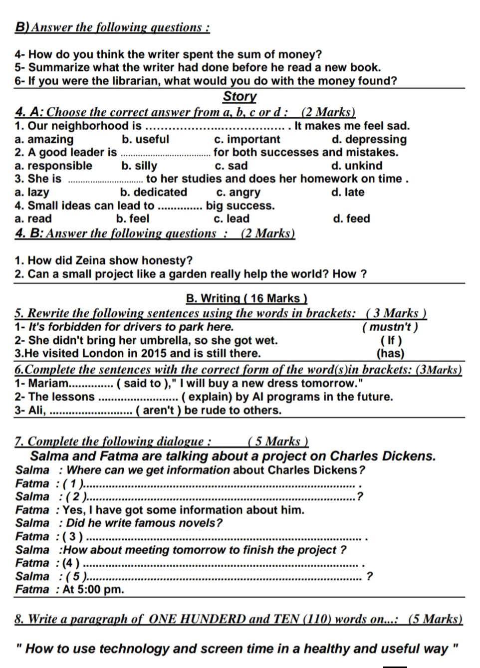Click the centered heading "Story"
(x=240, y=96)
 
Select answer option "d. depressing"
(x=369, y=139)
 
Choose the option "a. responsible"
(x=53, y=166)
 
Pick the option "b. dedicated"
(x=154, y=192)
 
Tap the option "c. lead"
(x=232, y=219)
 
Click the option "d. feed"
(x=351, y=219)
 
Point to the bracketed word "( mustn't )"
(x=390, y=327)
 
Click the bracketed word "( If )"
(x=391, y=341)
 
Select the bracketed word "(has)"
(x=390, y=354)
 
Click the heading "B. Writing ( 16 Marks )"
(x=246, y=299)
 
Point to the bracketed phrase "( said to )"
(x=140, y=384)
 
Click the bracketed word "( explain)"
(x=208, y=397)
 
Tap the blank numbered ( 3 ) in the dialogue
(x=225, y=537)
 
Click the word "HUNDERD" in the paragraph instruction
(x=212, y=620)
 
